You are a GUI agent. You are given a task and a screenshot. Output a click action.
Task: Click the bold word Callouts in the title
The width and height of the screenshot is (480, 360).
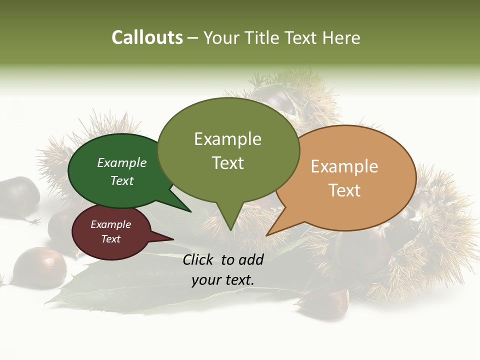tap(147, 37)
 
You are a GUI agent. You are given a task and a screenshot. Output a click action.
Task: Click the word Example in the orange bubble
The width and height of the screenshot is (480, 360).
tap(344, 166)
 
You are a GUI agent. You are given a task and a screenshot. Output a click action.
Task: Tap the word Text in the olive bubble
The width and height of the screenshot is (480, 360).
tap(227, 163)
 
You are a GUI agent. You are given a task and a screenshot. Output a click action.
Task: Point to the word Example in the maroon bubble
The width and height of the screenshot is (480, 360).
tap(110, 224)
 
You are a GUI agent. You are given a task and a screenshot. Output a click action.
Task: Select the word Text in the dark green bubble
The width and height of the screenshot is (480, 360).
tap(122, 181)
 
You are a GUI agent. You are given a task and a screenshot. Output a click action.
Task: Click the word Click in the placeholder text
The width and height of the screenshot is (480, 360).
tap(199, 259)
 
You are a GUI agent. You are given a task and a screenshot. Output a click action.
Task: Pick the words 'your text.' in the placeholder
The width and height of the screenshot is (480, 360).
tap(223, 280)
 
